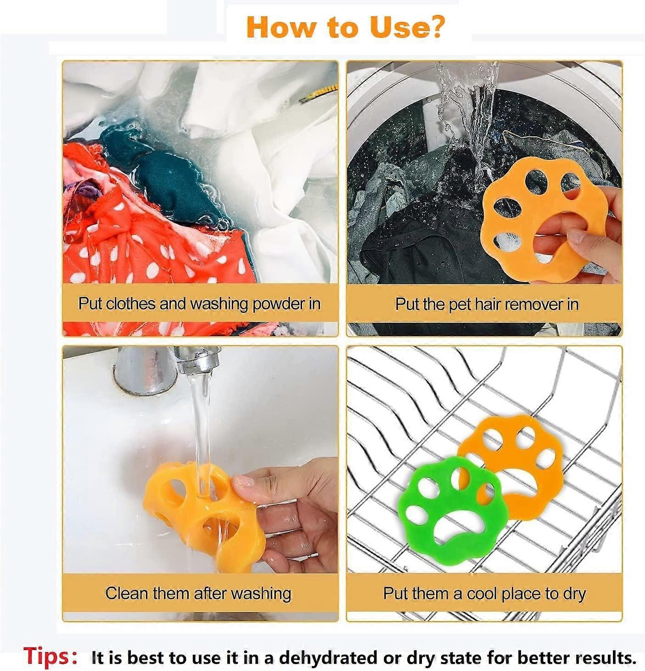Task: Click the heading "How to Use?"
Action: point(345,27)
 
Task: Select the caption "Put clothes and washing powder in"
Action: point(199,304)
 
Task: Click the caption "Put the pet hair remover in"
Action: point(487,304)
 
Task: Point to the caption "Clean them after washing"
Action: point(198,593)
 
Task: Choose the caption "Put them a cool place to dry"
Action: point(484,594)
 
